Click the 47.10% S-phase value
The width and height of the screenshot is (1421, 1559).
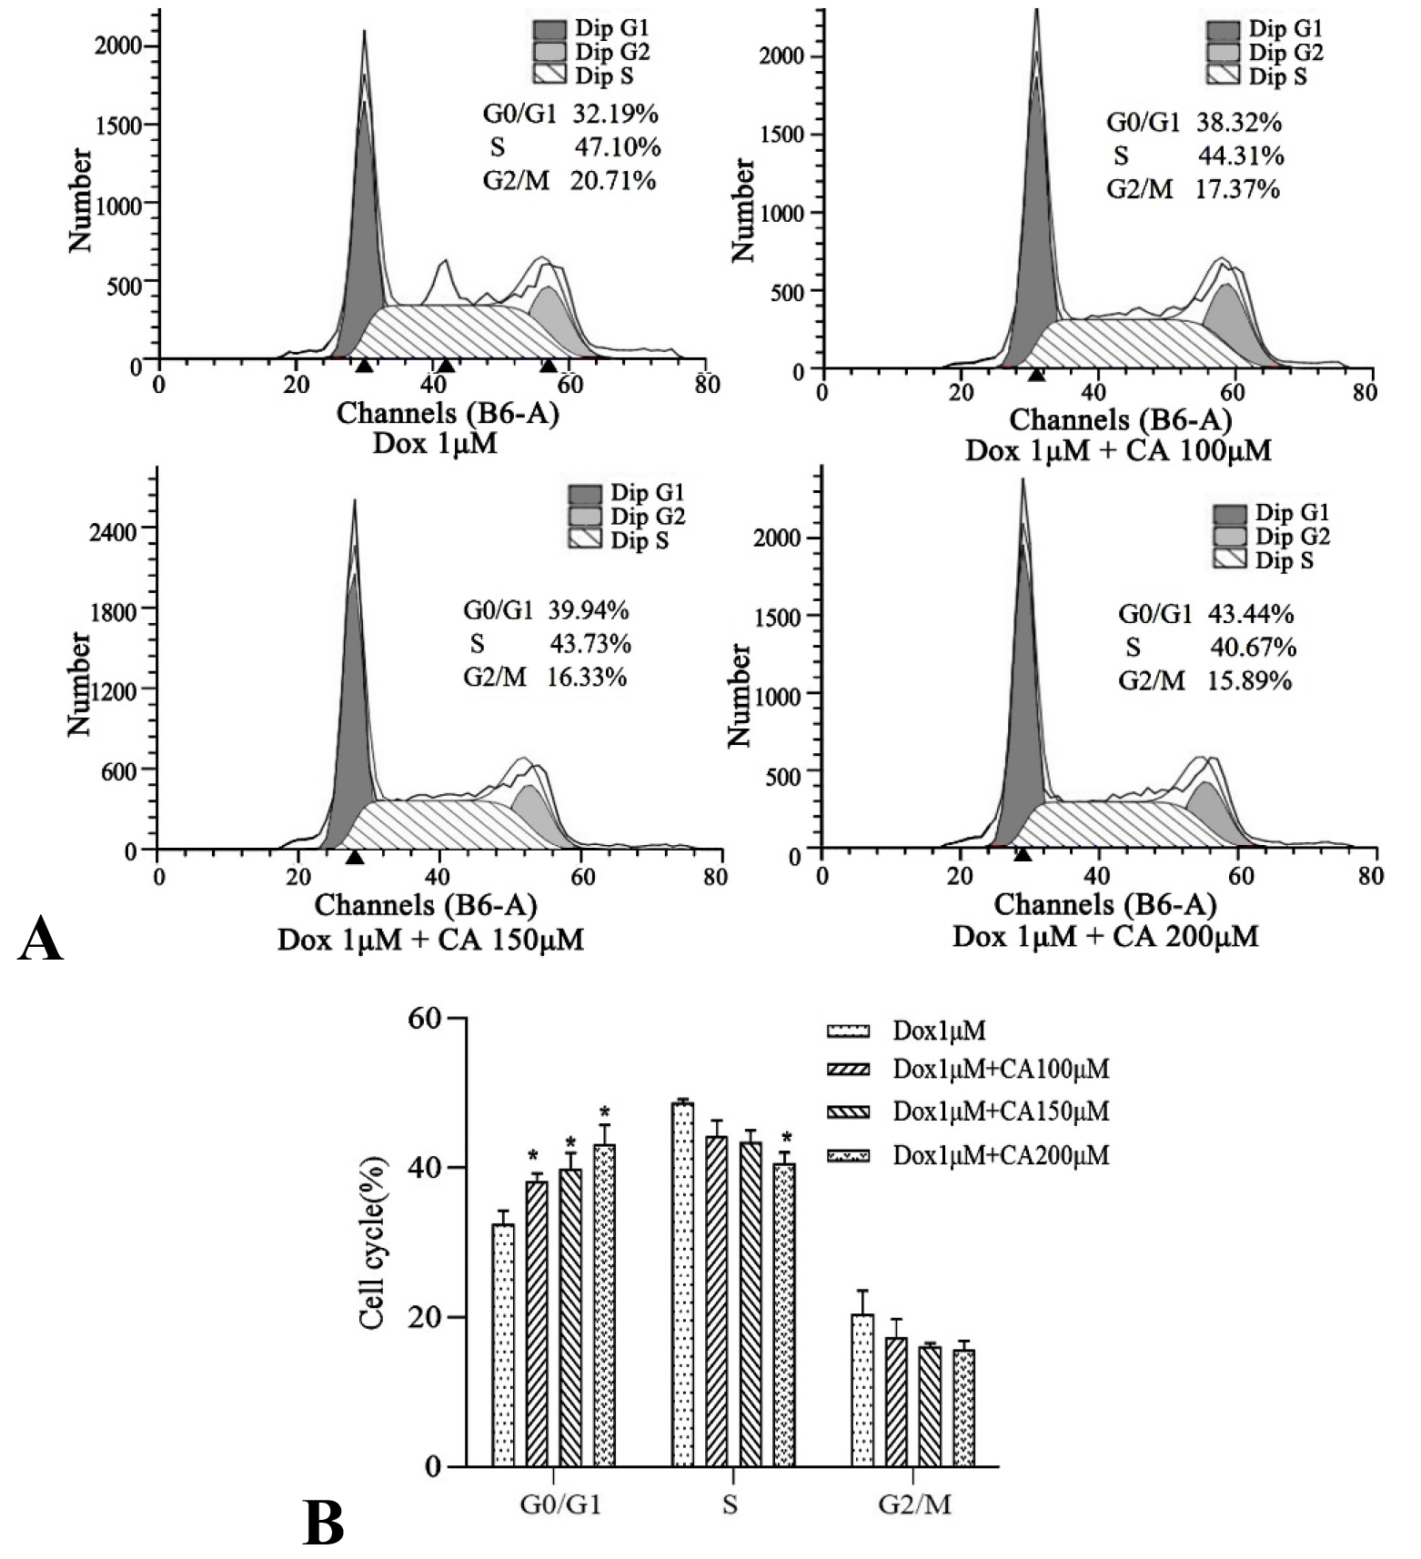click(617, 146)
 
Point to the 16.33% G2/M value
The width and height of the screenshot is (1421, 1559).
click(587, 678)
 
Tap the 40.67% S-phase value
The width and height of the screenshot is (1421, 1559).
click(1252, 648)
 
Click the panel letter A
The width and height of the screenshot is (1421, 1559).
click(41, 938)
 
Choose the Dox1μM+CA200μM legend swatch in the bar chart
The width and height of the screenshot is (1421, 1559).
click(848, 1155)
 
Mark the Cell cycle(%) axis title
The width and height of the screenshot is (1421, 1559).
click(373, 1242)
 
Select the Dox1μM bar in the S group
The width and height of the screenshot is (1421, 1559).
click(682, 1283)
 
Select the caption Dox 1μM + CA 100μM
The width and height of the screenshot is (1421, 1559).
click(1118, 449)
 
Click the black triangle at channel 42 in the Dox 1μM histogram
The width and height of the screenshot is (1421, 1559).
click(446, 366)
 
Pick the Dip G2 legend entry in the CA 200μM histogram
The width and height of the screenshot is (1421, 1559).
click(1272, 537)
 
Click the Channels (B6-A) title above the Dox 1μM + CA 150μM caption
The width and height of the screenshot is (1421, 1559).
click(426, 905)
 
